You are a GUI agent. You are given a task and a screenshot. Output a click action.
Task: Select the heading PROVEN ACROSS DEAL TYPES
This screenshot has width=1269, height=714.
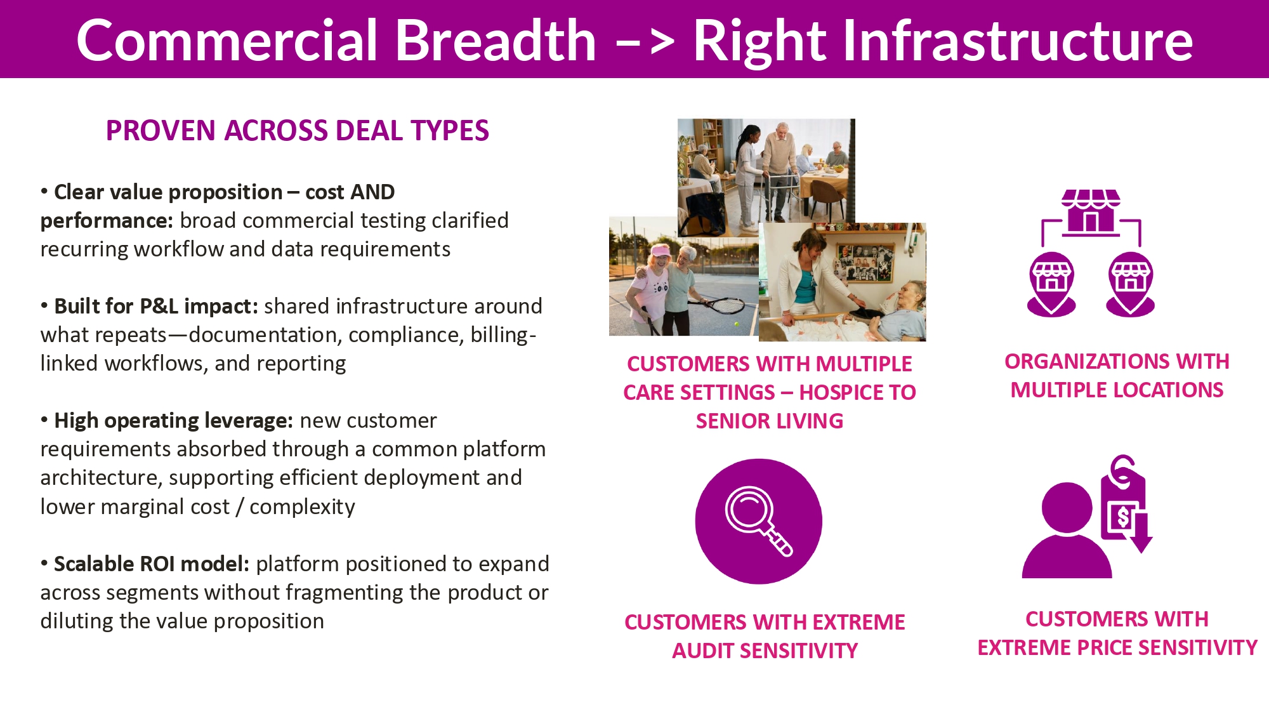(298, 131)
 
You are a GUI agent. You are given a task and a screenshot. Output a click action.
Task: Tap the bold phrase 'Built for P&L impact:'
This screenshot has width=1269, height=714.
(156, 306)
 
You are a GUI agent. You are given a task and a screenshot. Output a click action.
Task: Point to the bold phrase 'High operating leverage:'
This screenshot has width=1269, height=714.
(173, 421)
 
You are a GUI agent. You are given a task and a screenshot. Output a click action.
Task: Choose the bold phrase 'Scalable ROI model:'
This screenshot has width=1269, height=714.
(152, 564)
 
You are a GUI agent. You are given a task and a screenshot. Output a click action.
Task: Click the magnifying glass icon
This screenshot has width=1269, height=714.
(759, 521)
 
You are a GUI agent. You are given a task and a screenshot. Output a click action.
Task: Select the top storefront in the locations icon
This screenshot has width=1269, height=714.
(1091, 211)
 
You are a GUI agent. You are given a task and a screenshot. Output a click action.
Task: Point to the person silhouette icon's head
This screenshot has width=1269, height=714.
(1067, 508)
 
